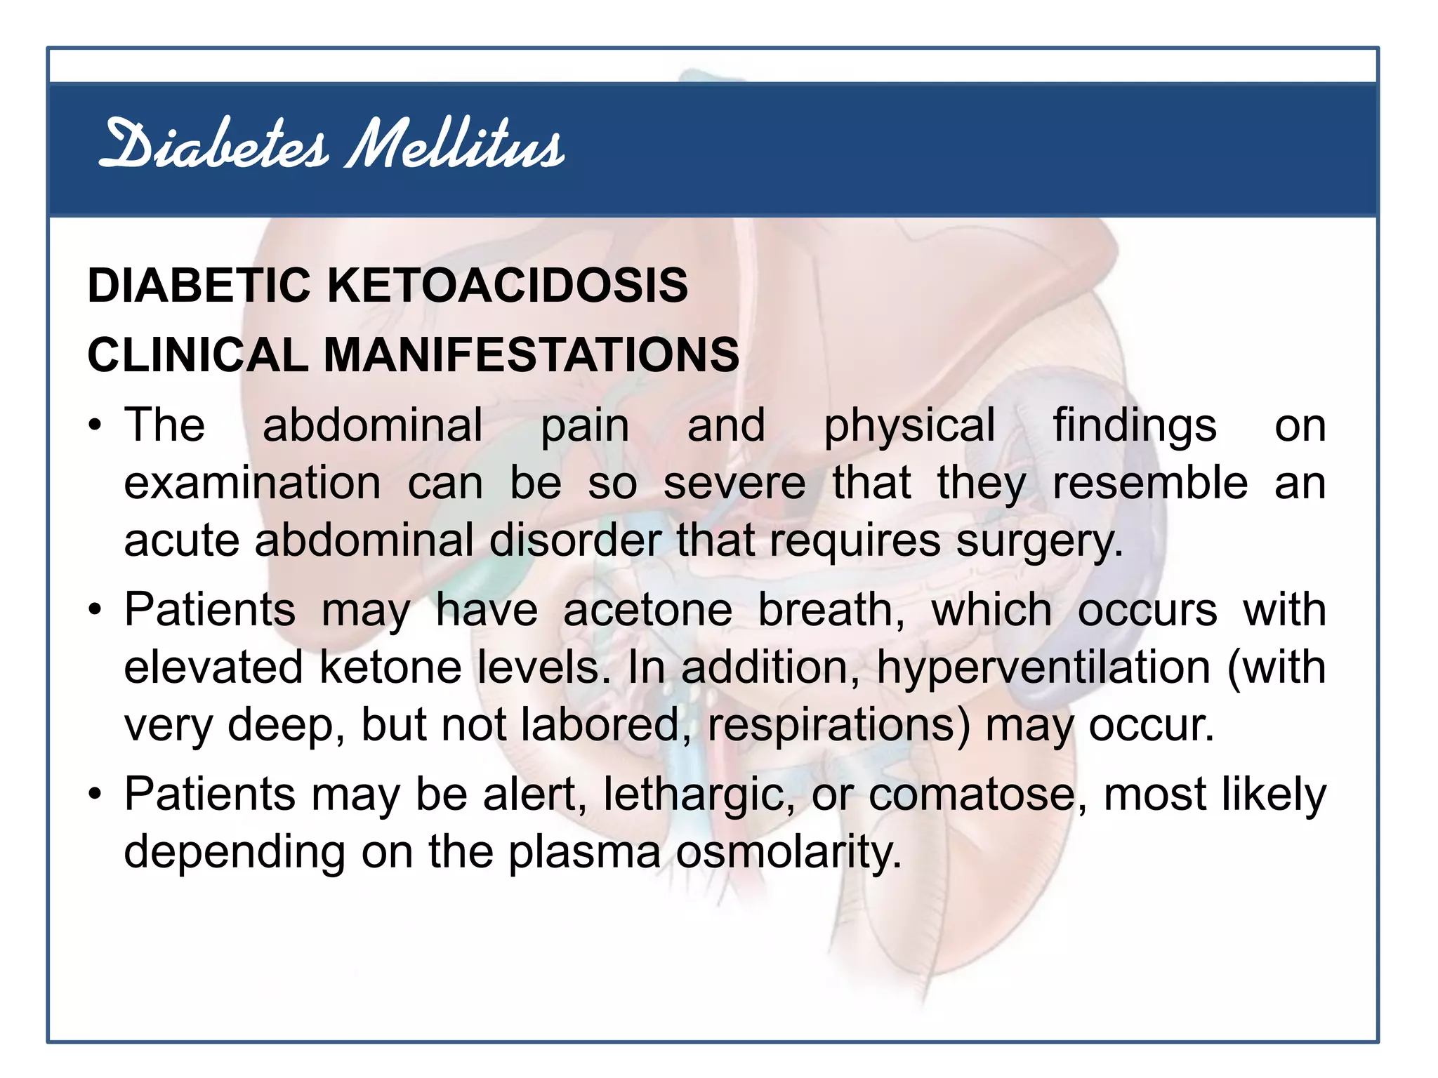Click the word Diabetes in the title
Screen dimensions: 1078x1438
click(213, 145)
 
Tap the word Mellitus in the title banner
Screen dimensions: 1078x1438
click(455, 145)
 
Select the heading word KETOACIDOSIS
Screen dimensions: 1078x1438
click(508, 286)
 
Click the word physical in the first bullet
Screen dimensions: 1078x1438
click(909, 427)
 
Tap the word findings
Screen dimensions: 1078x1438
click(1134, 427)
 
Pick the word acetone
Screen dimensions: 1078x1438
click(647, 609)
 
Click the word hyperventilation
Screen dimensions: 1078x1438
click(1043, 667)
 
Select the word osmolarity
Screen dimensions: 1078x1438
click(788, 852)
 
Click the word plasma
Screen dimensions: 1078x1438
click(584, 852)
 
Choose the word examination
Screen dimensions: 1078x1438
click(253, 484)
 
